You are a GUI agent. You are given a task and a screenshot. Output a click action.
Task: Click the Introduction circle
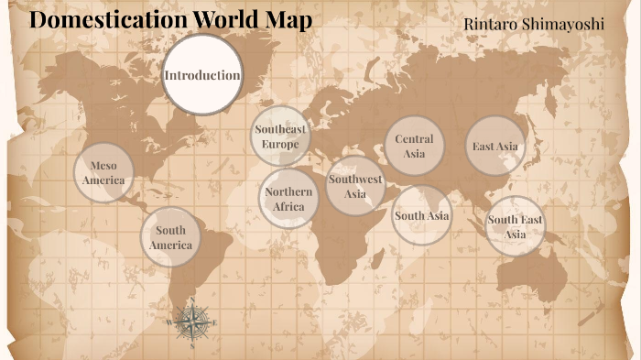click(x=201, y=75)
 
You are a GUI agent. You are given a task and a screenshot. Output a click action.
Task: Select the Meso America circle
click(x=103, y=172)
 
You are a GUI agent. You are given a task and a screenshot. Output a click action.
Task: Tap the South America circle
click(x=171, y=237)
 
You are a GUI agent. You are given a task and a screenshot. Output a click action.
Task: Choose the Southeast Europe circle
click(x=280, y=136)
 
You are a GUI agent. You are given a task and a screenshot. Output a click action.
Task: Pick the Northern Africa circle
click(x=288, y=198)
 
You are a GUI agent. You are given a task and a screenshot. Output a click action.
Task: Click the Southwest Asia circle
click(x=354, y=186)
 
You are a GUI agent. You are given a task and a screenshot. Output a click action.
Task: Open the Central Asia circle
click(x=414, y=146)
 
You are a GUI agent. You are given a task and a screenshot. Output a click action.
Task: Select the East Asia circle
click(x=495, y=146)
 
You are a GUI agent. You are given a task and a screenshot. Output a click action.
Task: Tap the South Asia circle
click(x=421, y=215)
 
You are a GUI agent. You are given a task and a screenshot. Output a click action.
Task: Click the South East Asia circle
click(x=515, y=226)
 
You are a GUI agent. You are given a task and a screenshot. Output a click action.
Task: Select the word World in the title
click(x=229, y=20)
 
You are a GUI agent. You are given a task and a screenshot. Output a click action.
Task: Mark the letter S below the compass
click(x=191, y=346)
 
